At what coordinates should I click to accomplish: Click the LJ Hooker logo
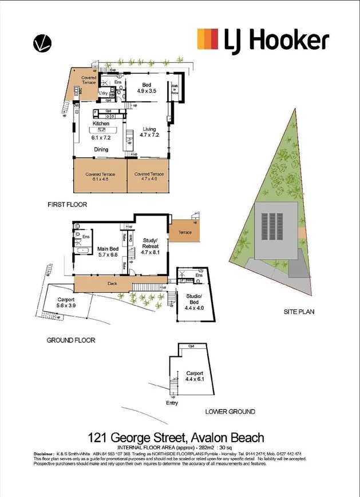pos(263,40)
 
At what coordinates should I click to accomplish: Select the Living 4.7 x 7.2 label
pos(148,133)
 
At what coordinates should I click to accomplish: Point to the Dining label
pos(101,150)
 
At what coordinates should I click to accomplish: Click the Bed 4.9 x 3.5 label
pos(150,88)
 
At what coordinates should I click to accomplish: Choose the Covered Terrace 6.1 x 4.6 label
pos(100,177)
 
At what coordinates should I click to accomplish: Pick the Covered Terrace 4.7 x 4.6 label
pos(149,177)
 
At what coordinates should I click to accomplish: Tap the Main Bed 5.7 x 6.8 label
pos(107,251)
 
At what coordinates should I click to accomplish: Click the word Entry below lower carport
pos(172,403)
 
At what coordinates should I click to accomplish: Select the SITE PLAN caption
pos(299,312)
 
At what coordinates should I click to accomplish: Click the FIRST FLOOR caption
pos(68,204)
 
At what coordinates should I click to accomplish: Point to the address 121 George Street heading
pos(176,438)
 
